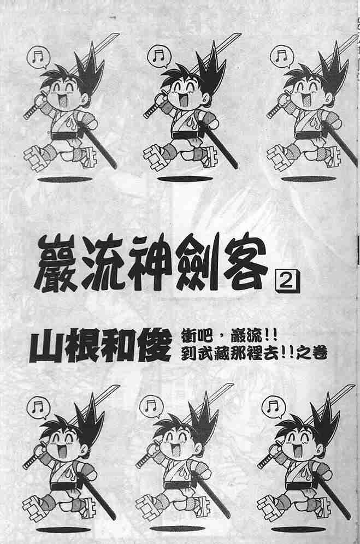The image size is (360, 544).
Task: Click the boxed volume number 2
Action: (287, 282)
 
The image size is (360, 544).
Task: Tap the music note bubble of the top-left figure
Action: (38, 57)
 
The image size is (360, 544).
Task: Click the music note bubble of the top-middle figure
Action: (158, 56)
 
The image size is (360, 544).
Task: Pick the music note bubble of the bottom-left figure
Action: (38, 407)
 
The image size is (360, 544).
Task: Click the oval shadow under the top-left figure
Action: (64, 180)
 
